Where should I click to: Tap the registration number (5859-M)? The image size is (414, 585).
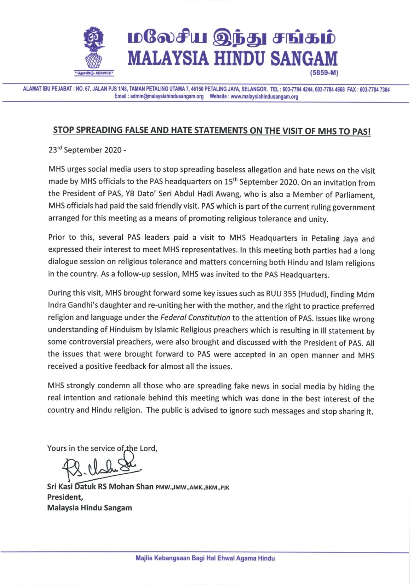coord(324,73)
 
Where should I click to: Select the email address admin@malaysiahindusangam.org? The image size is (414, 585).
coord(167,97)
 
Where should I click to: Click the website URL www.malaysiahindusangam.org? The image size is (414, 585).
coord(264,97)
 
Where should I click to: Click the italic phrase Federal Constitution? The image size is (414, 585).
coord(195,318)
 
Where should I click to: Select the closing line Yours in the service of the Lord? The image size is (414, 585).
coord(102,448)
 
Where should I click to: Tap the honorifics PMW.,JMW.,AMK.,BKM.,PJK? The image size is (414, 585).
coord(192,487)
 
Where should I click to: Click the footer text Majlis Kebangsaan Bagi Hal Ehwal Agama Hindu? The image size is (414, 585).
coord(205,558)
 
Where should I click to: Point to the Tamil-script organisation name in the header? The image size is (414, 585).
coord(232,38)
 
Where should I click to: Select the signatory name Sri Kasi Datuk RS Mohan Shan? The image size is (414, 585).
coord(100,487)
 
